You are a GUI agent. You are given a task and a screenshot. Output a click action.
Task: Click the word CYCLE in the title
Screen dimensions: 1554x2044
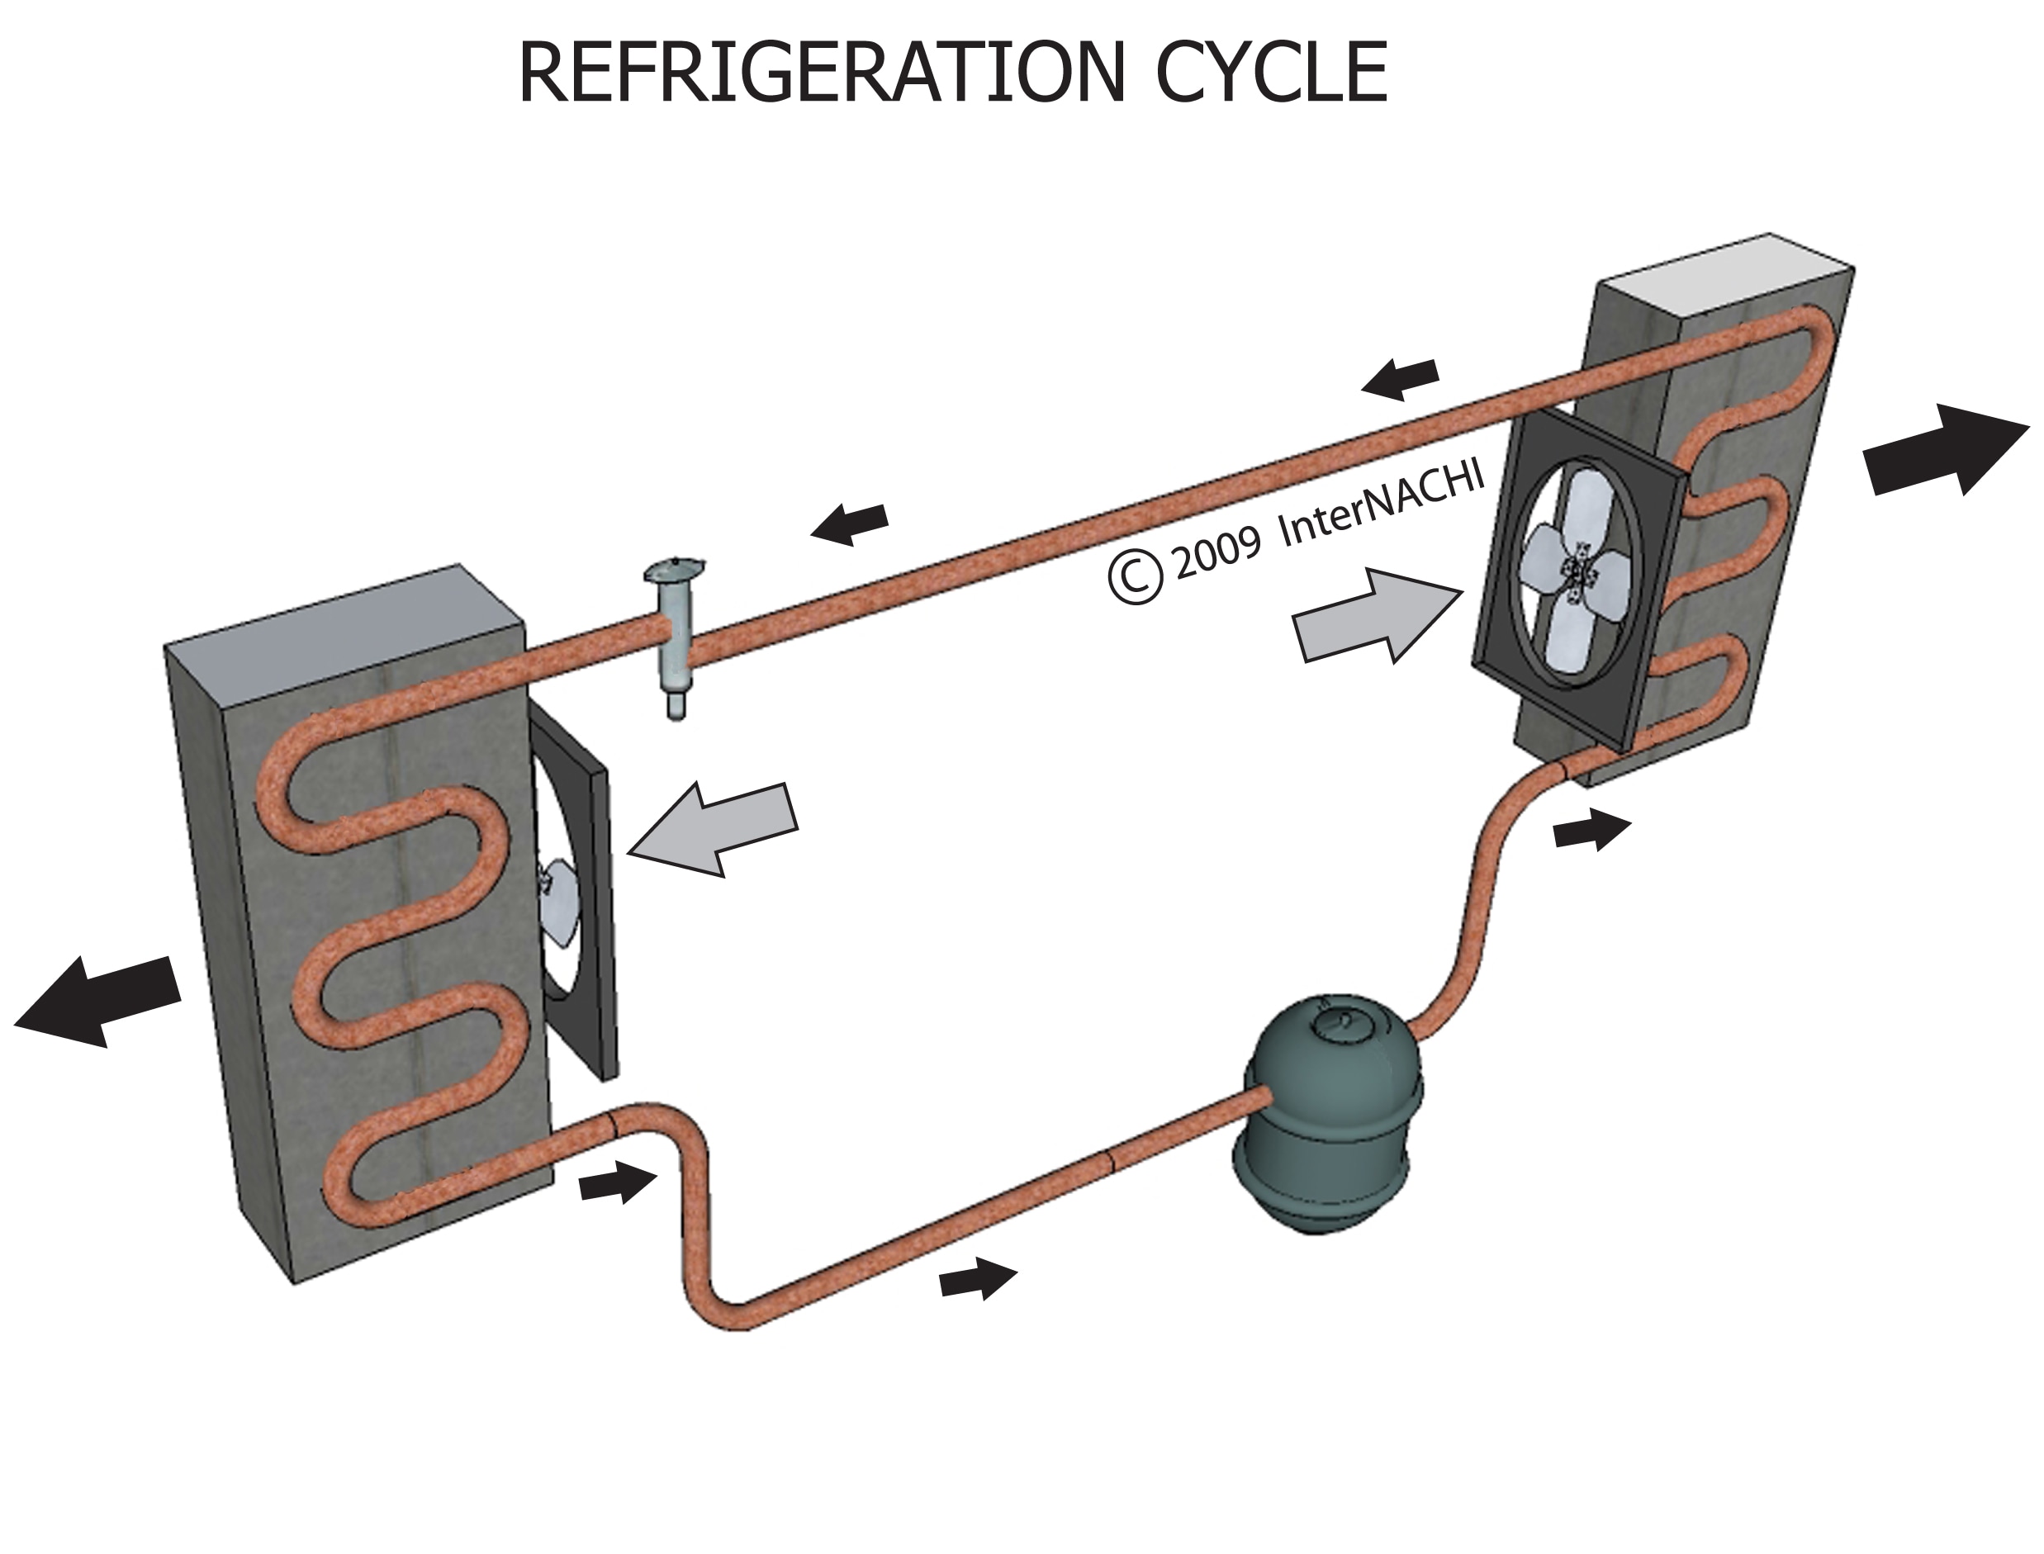tap(1271, 74)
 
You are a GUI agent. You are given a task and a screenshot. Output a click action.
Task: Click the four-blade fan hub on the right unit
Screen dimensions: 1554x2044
tap(1576, 574)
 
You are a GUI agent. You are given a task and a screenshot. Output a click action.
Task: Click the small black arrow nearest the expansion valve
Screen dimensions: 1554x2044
tap(849, 524)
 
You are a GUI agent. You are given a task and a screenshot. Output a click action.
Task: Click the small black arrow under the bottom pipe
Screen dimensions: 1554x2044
tap(977, 1280)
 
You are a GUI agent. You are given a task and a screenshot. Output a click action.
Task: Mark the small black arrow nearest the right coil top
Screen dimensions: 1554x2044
tap(1401, 378)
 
